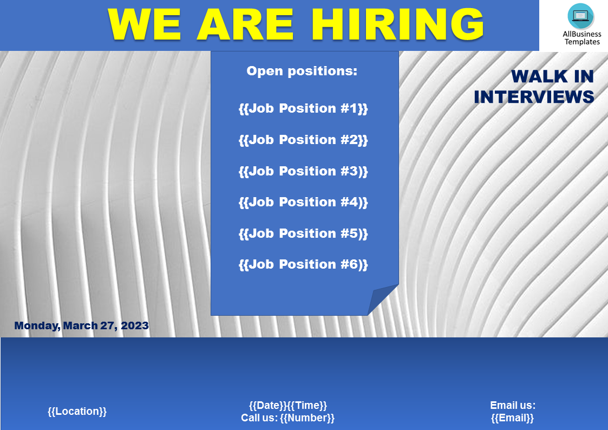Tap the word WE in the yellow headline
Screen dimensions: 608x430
tap(145, 24)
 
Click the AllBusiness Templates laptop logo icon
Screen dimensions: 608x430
tap(580, 16)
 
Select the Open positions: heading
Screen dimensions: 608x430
tap(302, 71)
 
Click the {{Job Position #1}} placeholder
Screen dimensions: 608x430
tap(303, 108)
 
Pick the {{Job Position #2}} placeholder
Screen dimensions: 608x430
tap(303, 140)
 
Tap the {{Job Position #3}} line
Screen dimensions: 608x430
tap(303, 171)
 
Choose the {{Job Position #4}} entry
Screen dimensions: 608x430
tap(303, 203)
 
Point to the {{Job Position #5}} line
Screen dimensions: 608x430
tap(303, 234)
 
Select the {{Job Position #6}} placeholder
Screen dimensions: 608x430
tap(303, 265)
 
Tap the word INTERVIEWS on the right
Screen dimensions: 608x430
tap(534, 97)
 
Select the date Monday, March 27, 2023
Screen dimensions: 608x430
tap(81, 325)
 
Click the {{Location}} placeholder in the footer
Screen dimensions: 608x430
tap(77, 412)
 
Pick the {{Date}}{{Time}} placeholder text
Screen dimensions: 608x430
tap(288, 406)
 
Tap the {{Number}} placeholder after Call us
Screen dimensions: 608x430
tap(307, 418)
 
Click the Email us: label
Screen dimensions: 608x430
tap(513, 406)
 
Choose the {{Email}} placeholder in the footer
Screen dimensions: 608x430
tap(513, 418)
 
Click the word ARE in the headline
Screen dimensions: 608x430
tap(245, 24)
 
